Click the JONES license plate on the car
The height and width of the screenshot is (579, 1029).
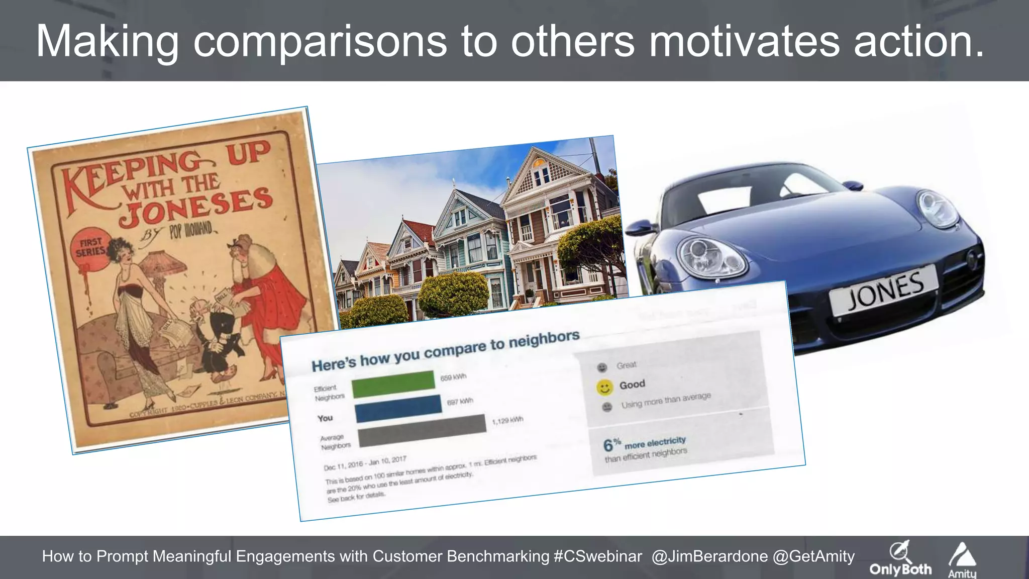point(884,290)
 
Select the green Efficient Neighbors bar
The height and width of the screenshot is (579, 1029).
point(393,384)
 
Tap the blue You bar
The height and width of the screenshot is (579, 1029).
point(398,408)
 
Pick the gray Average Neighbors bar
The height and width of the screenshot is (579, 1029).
point(422,431)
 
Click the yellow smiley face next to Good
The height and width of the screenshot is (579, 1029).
point(604,388)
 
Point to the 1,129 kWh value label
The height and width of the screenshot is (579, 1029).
point(507,420)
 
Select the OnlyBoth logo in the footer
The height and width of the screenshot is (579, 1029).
point(900,559)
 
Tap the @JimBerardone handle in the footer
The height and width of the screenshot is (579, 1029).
point(709,556)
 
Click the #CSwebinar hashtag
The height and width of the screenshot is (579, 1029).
point(597,556)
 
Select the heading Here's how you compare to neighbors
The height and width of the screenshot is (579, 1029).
point(445,351)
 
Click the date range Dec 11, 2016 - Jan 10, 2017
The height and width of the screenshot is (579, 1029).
point(365,463)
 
